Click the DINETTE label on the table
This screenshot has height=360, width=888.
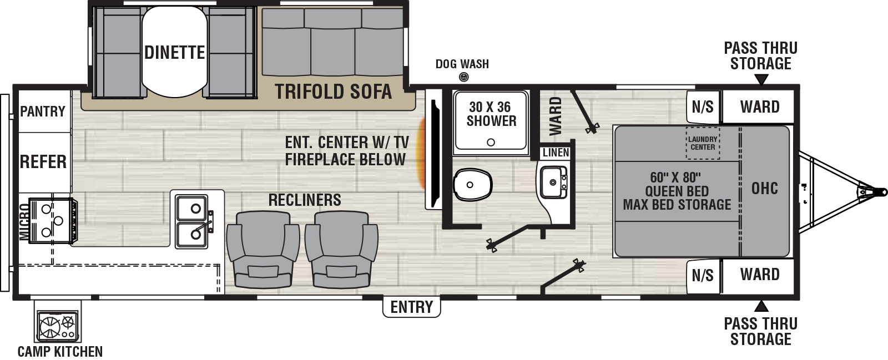pos(174,52)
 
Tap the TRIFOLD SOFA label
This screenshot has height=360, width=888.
pos(334,92)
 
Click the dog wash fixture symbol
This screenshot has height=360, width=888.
pos(463,77)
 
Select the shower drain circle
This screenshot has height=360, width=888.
pos(491,142)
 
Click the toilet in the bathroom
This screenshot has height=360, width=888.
pos(472,185)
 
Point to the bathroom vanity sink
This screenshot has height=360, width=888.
pos(552,182)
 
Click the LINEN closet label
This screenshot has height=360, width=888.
pos(556,153)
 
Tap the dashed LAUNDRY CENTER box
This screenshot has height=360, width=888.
pos(703,143)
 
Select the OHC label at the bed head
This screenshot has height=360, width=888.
pos(764,188)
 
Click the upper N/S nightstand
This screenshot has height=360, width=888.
pos(703,107)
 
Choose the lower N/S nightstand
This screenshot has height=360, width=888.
pos(703,276)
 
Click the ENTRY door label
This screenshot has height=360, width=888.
pos(411,307)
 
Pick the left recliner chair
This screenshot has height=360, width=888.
pos(263,249)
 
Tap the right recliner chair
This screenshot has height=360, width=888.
pos(341,249)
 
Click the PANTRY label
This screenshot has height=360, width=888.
pos(43,111)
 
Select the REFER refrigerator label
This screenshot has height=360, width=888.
pos(43,161)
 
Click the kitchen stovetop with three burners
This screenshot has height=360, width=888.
pos(53,220)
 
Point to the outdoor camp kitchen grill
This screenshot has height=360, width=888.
pos(58,326)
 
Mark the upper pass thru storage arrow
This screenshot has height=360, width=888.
pos(761,80)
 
